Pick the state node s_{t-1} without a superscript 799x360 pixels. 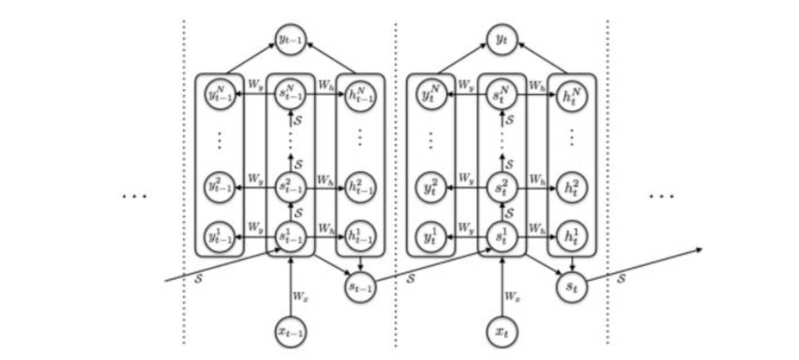click(x=360, y=287)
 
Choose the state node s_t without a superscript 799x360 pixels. click(x=571, y=287)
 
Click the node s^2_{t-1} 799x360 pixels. click(x=290, y=188)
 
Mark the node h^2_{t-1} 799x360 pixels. click(x=360, y=188)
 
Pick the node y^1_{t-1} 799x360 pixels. click(x=220, y=237)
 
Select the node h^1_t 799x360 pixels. click(x=571, y=237)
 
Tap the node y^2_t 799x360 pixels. click(x=431, y=188)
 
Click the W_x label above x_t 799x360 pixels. click(x=512, y=297)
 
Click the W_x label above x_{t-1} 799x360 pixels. click(x=300, y=297)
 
